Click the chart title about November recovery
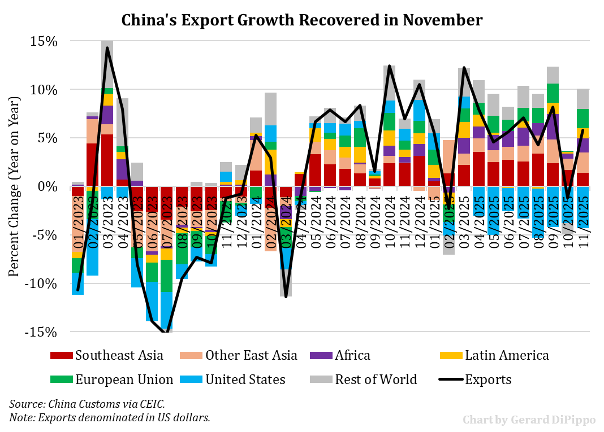coord(302,21)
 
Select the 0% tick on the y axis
coord(46,186)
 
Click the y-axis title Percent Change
coord(14,186)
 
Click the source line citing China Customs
coord(87,404)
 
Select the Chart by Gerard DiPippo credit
coord(529,420)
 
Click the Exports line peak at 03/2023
coord(107,48)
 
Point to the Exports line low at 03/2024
coord(286,296)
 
